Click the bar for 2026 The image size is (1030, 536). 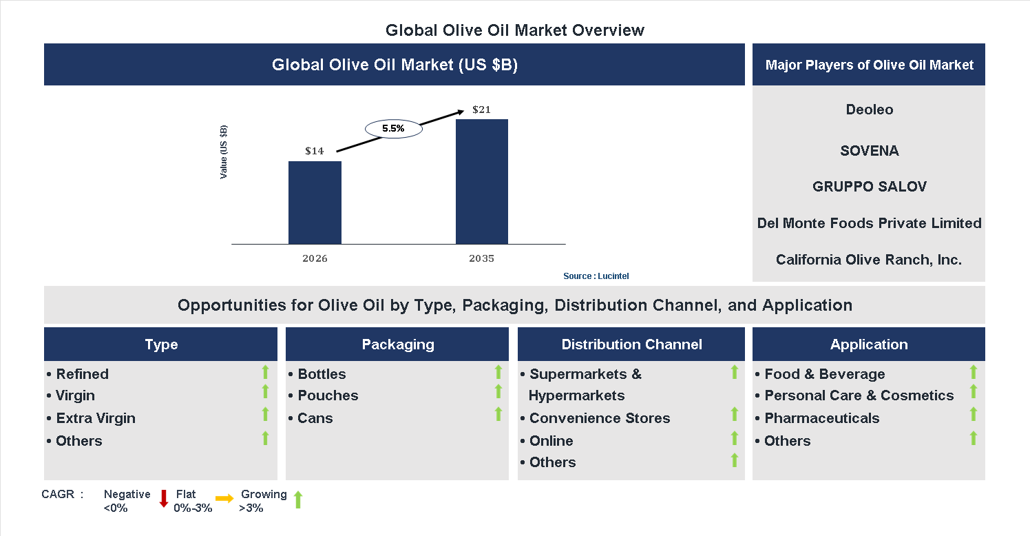315,203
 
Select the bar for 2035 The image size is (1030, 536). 482,181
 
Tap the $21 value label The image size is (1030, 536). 481,110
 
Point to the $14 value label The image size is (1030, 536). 315,151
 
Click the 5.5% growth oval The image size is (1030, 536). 393,128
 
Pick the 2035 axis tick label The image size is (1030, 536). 481,259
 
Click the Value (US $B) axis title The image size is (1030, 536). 224,152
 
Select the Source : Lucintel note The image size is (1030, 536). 596,276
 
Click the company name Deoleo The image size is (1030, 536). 869,110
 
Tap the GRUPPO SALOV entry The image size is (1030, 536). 869,187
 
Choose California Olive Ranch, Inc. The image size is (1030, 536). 869,260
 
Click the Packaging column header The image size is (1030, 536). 397,344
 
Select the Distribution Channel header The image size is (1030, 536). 631,344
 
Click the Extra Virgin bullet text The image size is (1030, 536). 96,418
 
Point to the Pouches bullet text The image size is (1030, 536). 328,395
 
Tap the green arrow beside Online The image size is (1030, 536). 735,438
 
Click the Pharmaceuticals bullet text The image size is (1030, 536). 821,418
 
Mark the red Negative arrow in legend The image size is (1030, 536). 164,499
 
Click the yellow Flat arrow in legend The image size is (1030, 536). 224,498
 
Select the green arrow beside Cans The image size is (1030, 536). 498,415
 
